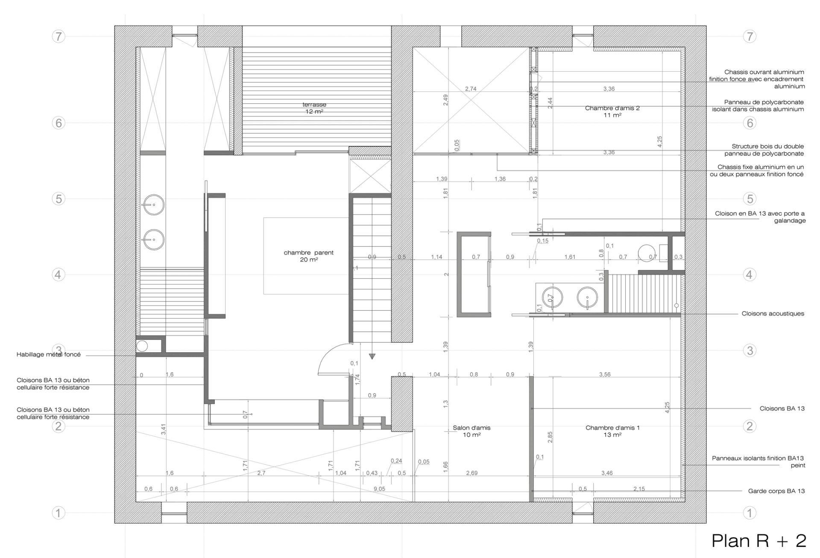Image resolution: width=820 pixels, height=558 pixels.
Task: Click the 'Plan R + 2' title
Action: (758, 540)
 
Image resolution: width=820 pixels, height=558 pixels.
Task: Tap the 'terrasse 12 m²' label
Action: (314, 108)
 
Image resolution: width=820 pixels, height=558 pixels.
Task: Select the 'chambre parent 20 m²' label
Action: (308, 256)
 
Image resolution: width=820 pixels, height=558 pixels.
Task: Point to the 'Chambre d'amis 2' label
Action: (612, 108)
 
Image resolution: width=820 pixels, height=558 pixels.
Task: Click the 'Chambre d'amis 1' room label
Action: (612, 427)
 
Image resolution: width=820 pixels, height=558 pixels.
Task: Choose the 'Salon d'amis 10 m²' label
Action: (471, 431)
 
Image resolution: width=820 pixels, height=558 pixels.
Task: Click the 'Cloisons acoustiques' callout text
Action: (773, 313)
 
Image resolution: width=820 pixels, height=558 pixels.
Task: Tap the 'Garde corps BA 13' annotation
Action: (776, 491)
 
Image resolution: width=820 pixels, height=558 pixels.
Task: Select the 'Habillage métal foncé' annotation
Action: (49, 354)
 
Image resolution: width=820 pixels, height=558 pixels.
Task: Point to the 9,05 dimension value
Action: (379, 489)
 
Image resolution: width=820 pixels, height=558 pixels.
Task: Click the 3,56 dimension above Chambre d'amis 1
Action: (605, 374)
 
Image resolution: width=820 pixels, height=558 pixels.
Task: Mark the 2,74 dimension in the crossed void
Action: (471, 89)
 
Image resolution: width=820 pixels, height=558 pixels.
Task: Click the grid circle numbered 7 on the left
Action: (59, 36)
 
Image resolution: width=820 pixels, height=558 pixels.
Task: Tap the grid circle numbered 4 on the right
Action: (750, 275)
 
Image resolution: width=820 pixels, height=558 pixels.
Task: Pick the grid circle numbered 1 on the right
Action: (750, 513)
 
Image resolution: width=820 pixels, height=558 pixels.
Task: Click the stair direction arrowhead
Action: (372, 356)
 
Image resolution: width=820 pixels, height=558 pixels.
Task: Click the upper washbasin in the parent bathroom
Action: (153, 205)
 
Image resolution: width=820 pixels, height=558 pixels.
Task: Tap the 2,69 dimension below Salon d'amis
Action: (471, 473)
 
